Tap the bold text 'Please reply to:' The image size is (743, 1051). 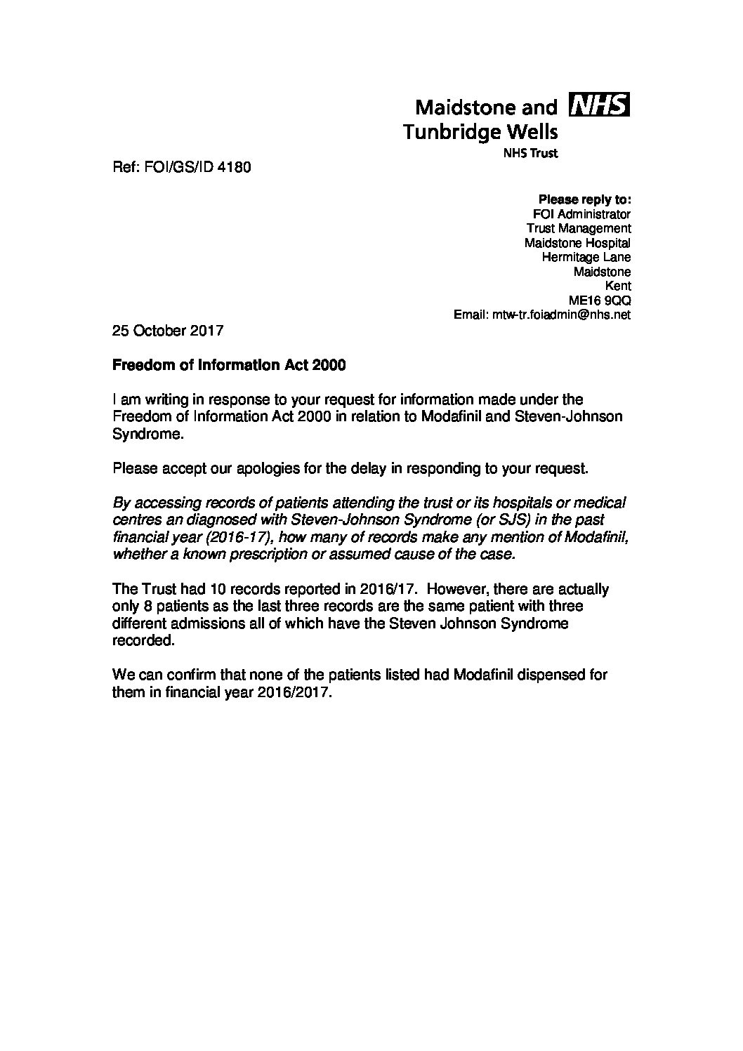tap(584, 199)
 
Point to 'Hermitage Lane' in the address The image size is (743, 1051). tap(586, 257)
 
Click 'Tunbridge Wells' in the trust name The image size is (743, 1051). tap(481, 131)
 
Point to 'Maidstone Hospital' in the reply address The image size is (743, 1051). tap(577, 243)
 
